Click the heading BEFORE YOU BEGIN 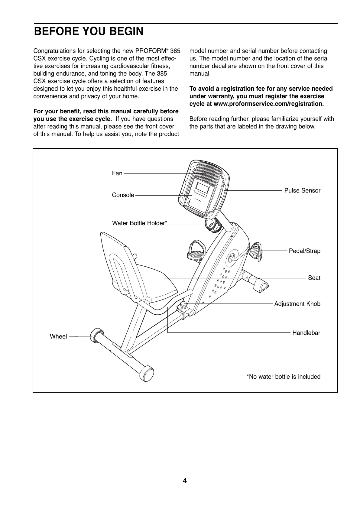tap(89, 31)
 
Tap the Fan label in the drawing tap(117, 173)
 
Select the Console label tap(123, 195)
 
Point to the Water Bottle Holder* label tap(139, 223)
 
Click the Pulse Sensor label tap(302, 190)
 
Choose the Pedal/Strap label tap(305, 251)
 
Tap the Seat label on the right tap(314, 278)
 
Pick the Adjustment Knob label tap(297, 304)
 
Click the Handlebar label tap(306, 333)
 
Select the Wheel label tap(58, 336)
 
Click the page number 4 tap(185, 481)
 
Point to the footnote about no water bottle tap(284, 377)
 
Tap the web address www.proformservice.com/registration tap(268, 104)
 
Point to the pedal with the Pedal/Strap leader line tap(256, 251)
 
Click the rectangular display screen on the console tap(202, 188)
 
